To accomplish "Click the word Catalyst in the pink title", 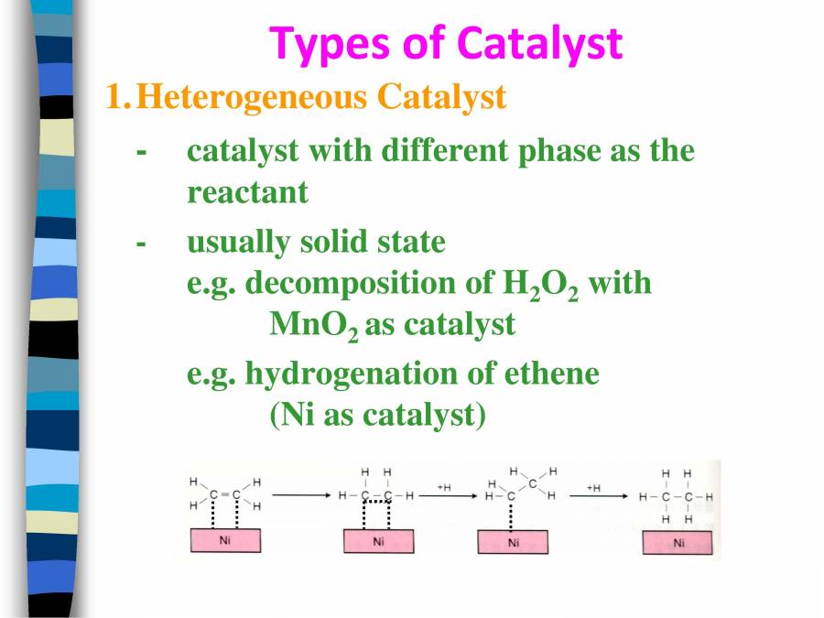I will pos(539,43).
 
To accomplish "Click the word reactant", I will pos(247,192).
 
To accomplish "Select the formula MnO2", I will pos(314,325).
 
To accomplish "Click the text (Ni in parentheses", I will pos(292,415).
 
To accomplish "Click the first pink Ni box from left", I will pos(224,541).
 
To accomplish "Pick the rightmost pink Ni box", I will pos(678,542).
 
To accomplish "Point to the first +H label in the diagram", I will pos(443,487).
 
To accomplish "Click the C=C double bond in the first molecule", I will pos(224,495).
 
